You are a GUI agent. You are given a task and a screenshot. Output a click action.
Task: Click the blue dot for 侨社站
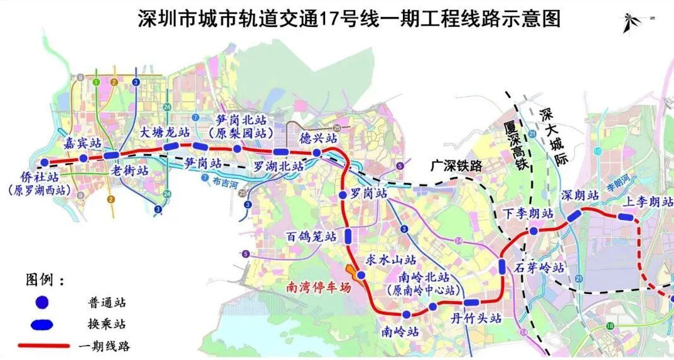pyautogui.click(x=44, y=162)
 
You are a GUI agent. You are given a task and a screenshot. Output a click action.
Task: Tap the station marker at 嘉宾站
pyautogui.click(x=83, y=158)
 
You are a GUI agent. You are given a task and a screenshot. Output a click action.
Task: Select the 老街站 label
pyautogui.click(x=129, y=171)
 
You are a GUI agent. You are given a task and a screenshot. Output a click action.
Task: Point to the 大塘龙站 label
pyautogui.click(x=164, y=132)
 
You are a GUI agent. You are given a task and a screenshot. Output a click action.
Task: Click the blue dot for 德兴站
pyautogui.click(x=317, y=152)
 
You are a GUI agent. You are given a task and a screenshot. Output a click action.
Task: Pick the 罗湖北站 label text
pyautogui.click(x=278, y=167)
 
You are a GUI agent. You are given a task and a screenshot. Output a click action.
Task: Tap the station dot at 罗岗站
pyautogui.click(x=342, y=196)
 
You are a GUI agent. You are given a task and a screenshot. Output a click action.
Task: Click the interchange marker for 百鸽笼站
pyautogui.click(x=348, y=236)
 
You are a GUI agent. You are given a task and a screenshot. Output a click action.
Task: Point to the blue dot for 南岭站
pyautogui.click(x=407, y=314)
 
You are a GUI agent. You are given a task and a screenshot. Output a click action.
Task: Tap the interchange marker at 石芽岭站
pyautogui.click(x=502, y=266)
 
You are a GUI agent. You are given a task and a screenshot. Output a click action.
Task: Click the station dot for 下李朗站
pyautogui.click(x=533, y=231)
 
